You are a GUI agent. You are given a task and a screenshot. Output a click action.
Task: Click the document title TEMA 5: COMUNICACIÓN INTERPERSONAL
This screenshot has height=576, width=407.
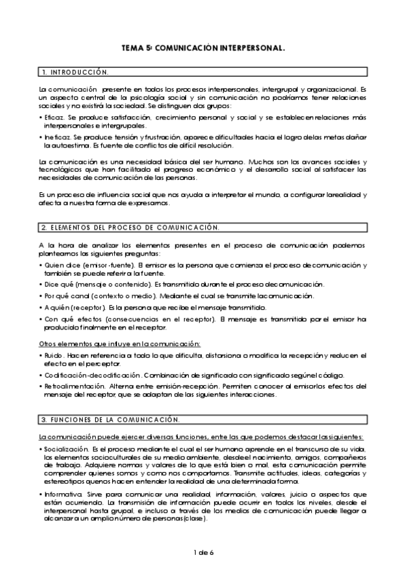coord(202,49)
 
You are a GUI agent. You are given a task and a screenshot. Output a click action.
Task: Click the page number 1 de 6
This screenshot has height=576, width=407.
coord(202,552)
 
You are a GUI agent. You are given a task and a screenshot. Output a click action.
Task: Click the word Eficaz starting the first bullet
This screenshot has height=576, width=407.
coord(54,118)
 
